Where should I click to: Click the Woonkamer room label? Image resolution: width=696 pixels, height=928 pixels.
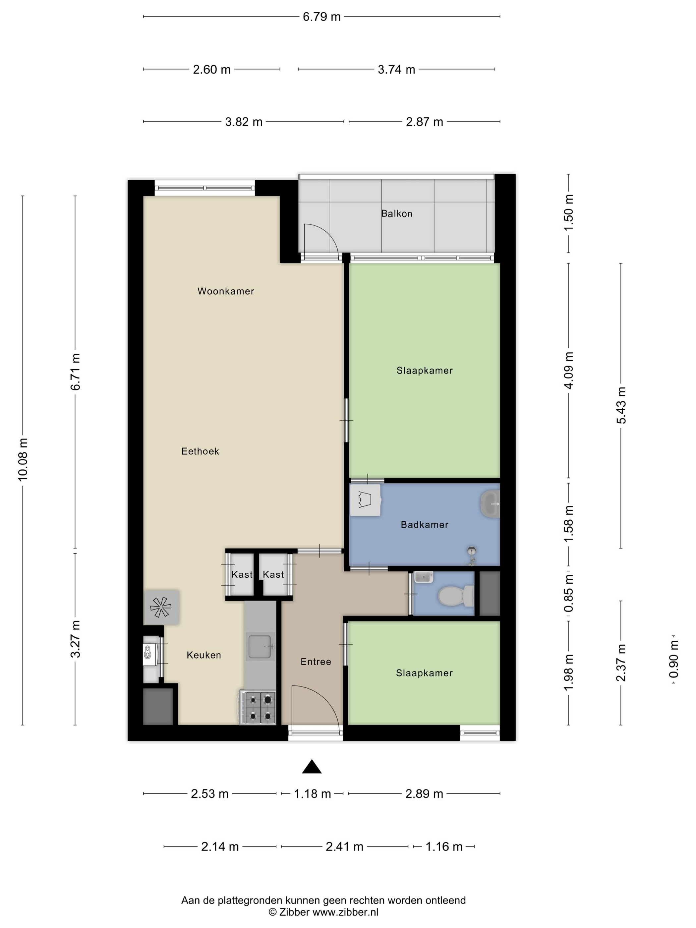click(x=226, y=291)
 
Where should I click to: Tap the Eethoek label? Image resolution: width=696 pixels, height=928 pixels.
click(x=200, y=451)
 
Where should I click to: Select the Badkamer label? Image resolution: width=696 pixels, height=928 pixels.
click(x=425, y=525)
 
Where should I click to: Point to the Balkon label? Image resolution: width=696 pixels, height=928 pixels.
click(x=397, y=214)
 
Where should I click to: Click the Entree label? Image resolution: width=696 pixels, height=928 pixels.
click(x=316, y=662)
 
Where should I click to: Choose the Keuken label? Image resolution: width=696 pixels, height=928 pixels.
click(x=204, y=655)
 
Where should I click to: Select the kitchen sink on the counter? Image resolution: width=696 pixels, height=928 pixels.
click(x=260, y=647)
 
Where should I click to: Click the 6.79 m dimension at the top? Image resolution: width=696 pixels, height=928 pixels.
click(x=322, y=17)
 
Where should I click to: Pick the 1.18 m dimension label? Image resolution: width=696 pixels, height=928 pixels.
click(x=313, y=794)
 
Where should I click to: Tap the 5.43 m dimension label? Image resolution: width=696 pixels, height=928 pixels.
click(x=621, y=405)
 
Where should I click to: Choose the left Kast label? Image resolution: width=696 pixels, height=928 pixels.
click(x=242, y=575)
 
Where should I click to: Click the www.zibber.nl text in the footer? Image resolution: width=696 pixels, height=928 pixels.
click(x=345, y=912)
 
